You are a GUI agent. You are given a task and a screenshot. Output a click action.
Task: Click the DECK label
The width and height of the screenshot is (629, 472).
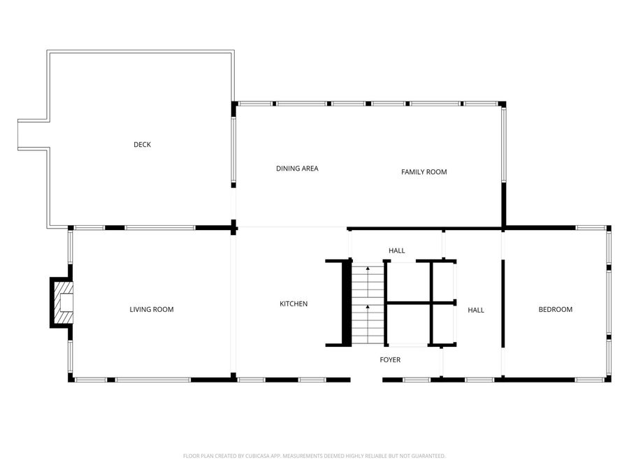[x=142, y=145]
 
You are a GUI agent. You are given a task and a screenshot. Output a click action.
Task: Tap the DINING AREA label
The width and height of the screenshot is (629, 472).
[x=297, y=169]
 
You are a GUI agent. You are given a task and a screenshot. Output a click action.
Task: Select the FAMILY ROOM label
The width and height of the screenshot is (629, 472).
[x=424, y=172]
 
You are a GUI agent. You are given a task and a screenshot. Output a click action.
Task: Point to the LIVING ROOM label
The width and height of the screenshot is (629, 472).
[x=152, y=309]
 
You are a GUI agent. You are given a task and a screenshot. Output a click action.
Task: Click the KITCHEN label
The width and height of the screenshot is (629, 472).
[x=294, y=303]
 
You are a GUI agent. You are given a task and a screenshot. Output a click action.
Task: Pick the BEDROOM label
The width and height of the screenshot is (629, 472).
[x=555, y=310]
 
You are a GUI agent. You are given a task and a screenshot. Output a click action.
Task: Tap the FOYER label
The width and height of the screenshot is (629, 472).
[x=390, y=359]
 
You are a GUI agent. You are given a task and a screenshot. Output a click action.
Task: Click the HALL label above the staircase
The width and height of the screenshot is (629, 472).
[x=396, y=250]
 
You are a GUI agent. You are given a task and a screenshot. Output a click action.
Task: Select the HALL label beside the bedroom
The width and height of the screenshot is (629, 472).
[x=476, y=310]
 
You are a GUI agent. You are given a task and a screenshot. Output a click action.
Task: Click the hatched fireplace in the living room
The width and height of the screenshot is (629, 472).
[x=62, y=303]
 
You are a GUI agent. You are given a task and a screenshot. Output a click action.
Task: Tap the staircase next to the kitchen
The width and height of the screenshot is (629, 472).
[x=368, y=304]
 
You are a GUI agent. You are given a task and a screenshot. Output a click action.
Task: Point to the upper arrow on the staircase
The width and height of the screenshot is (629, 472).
[x=368, y=271]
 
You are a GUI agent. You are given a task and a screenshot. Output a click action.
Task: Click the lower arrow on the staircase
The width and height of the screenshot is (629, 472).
[x=368, y=309]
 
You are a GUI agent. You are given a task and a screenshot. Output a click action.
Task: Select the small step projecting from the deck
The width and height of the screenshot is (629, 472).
[x=33, y=134]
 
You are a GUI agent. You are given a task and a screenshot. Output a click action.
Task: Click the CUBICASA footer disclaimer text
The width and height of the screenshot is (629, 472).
[x=314, y=456]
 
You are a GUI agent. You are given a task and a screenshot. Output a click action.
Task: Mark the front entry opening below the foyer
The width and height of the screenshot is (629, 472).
[x=366, y=380]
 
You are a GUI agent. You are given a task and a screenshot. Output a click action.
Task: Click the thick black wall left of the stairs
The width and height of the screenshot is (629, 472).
[x=346, y=303]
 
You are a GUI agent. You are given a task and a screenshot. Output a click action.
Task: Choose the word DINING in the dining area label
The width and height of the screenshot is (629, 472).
[x=287, y=169]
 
